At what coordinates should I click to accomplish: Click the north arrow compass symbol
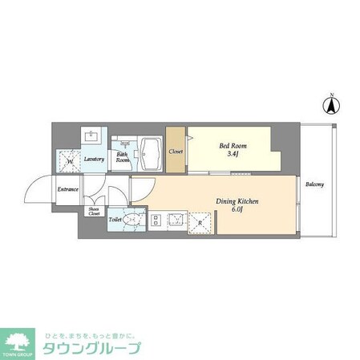click(x=328, y=103)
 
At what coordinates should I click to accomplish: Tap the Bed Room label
click(x=233, y=146)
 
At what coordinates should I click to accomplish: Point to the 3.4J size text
click(x=233, y=156)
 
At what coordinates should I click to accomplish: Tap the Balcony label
click(x=314, y=186)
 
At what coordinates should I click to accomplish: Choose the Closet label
click(x=176, y=151)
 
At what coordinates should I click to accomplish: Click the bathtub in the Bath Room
click(x=152, y=149)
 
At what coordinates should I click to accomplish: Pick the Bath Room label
click(x=123, y=156)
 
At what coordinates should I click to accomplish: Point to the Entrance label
click(x=67, y=189)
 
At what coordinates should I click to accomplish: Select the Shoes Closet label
click(x=95, y=212)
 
